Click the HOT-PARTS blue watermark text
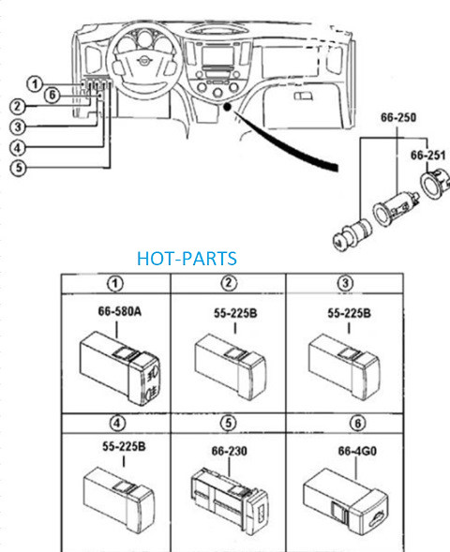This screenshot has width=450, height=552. click(187, 259)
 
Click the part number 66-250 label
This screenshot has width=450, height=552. click(398, 117)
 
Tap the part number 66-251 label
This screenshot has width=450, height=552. click(427, 156)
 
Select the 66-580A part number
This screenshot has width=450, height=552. click(119, 311)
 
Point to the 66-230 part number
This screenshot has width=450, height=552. click(230, 451)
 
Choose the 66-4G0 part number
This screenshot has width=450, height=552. click(357, 451)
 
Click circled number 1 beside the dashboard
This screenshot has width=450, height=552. click(35, 84)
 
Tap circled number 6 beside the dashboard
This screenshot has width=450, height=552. click(52, 95)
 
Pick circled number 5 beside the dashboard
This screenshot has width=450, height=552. click(18, 167)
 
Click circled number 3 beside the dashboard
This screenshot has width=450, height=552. click(18, 127)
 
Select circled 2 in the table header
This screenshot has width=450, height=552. click(229, 283)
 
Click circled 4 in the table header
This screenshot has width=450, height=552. click(117, 423)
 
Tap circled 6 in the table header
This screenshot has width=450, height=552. click(358, 423)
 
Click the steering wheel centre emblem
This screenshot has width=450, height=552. click(143, 61)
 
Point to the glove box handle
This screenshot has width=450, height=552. click(303, 97)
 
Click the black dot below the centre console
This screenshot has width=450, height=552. click(228, 106)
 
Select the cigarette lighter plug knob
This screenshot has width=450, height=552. click(351, 233)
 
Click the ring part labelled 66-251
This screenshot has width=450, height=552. click(435, 183)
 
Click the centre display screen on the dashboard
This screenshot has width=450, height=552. click(217, 56)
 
